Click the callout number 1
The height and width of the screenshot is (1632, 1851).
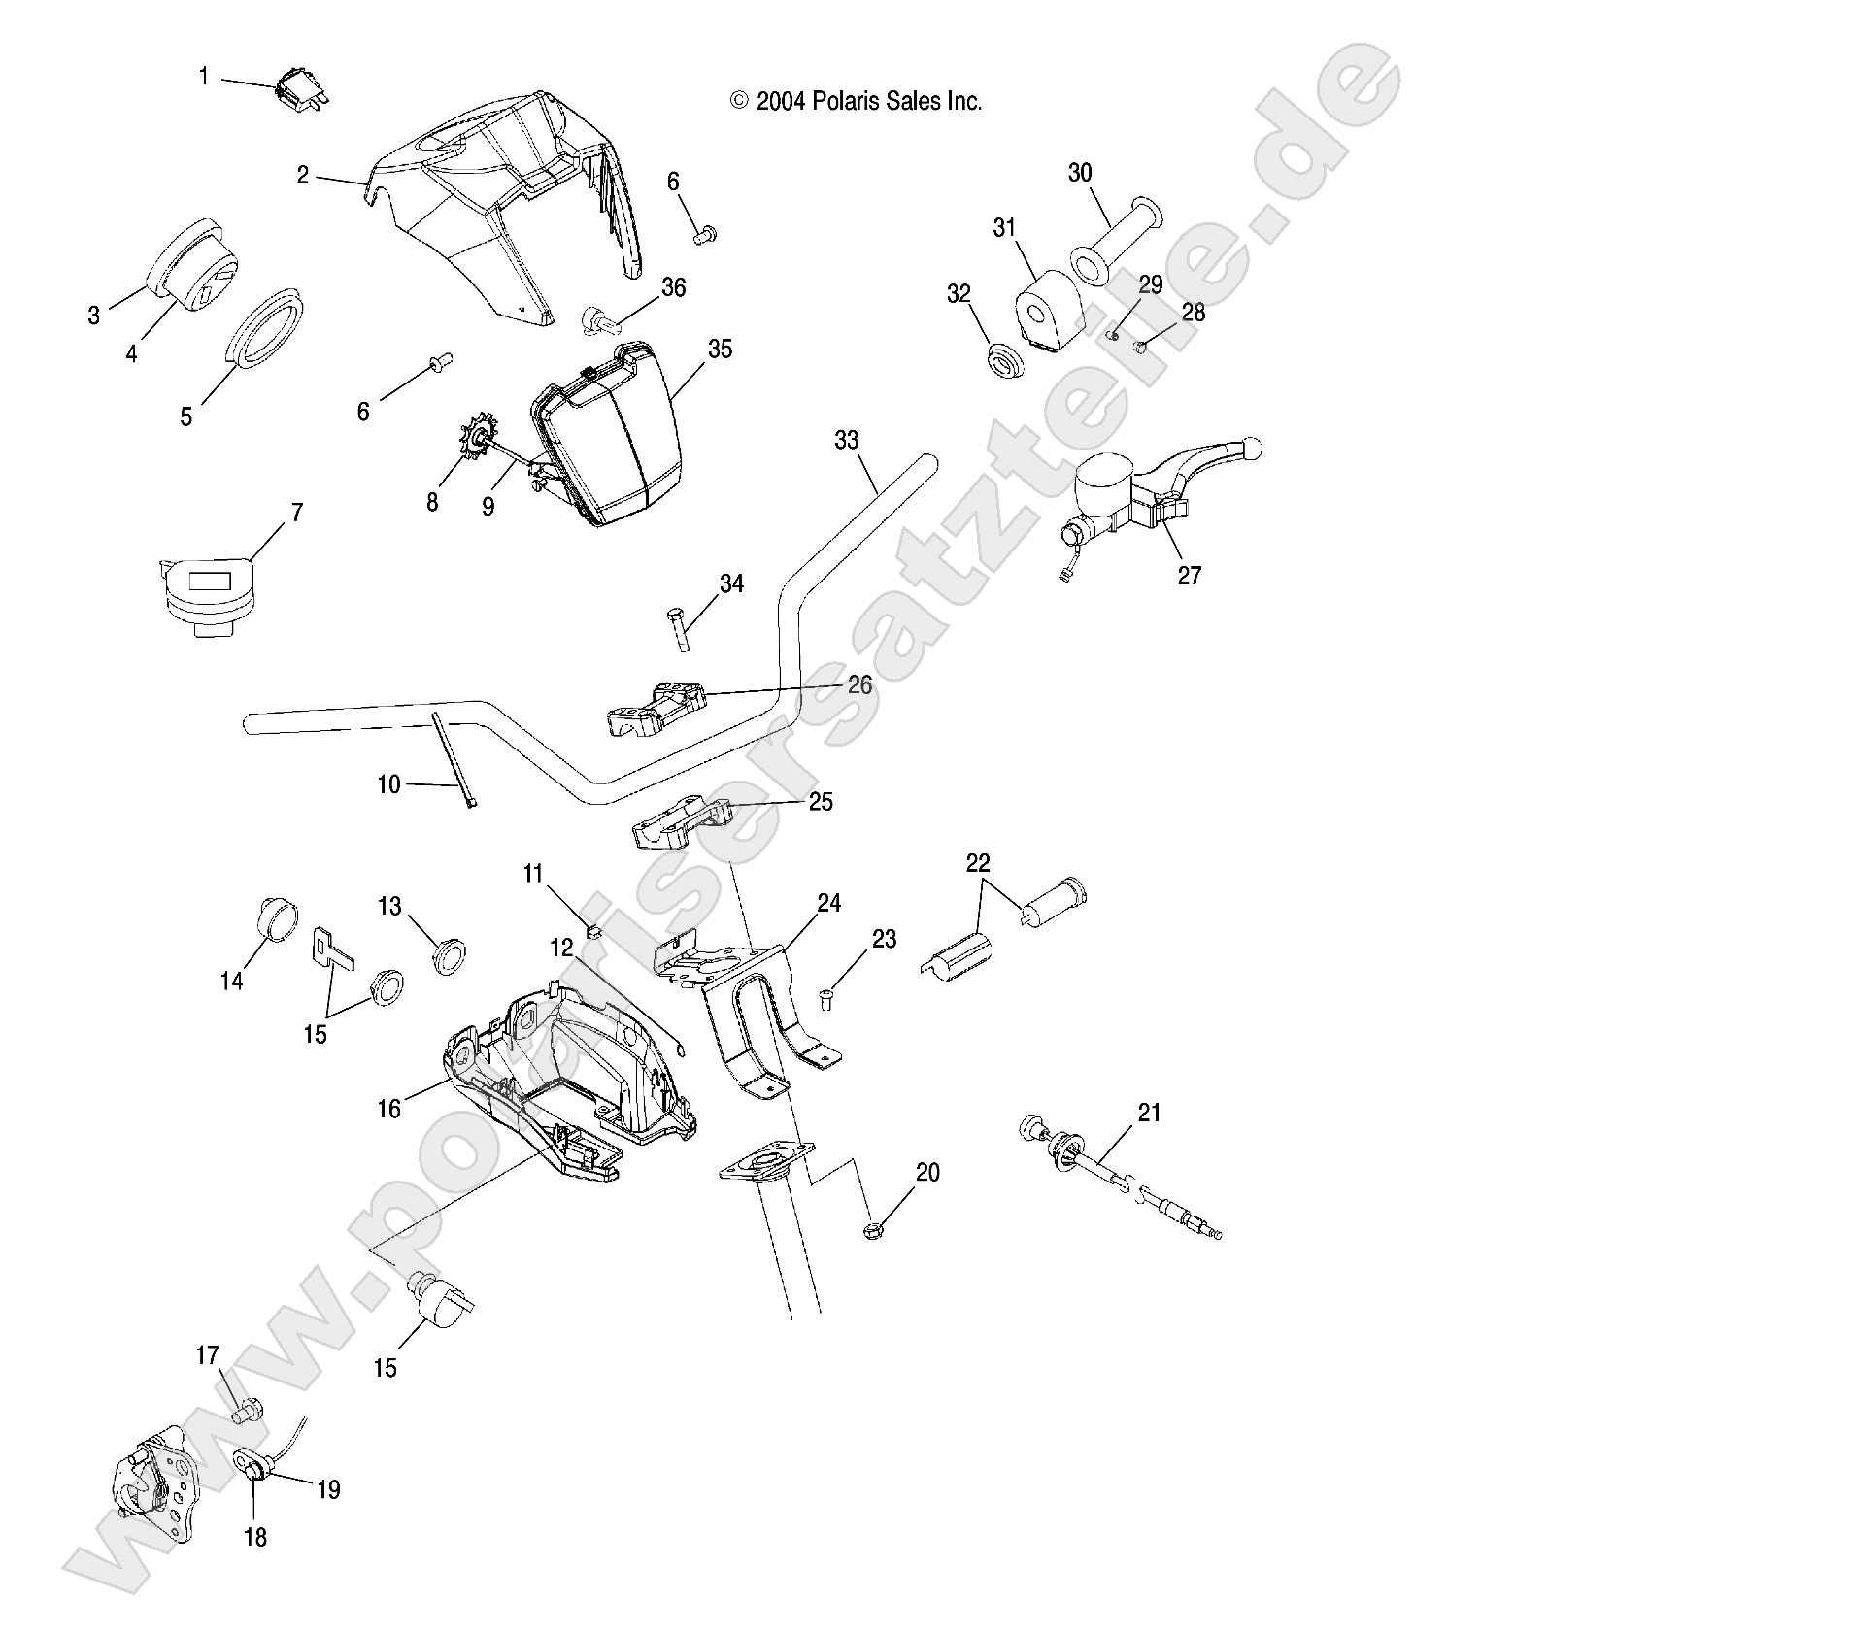tap(204, 76)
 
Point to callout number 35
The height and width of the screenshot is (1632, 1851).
tap(720, 350)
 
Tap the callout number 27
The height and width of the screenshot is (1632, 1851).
tap(1189, 576)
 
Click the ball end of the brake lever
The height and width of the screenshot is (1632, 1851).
tap(1251, 450)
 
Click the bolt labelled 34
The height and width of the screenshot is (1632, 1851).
tap(677, 628)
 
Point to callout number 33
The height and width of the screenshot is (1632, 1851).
tap(846, 440)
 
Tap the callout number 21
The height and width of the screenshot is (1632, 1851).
tap(1149, 1113)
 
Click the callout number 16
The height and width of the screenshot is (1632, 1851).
tap(388, 1108)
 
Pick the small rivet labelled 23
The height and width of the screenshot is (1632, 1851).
tap(826, 996)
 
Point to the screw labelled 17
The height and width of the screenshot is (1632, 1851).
tap(243, 1412)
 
